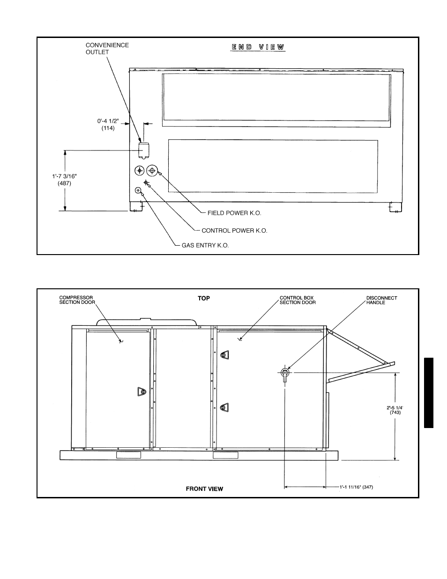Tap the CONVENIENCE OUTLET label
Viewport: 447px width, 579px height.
point(107,49)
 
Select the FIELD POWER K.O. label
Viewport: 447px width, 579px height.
point(234,213)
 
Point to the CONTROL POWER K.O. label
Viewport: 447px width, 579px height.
point(234,231)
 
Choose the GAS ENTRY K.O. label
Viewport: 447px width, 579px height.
point(205,245)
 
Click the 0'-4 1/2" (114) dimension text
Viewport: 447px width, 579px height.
point(108,125)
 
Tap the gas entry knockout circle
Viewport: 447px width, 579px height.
point(138,190)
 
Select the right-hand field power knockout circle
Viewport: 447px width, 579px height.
point(152,170)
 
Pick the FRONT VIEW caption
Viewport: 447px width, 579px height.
point(204,489)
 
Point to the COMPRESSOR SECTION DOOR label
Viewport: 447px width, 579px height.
point(77,300)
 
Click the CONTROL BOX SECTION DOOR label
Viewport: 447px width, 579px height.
point(298,300)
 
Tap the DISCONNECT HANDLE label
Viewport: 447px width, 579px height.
point(381,300)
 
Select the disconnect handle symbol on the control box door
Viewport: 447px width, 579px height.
point(285,374)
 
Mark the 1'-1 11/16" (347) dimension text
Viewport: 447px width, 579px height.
point(356,487)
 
